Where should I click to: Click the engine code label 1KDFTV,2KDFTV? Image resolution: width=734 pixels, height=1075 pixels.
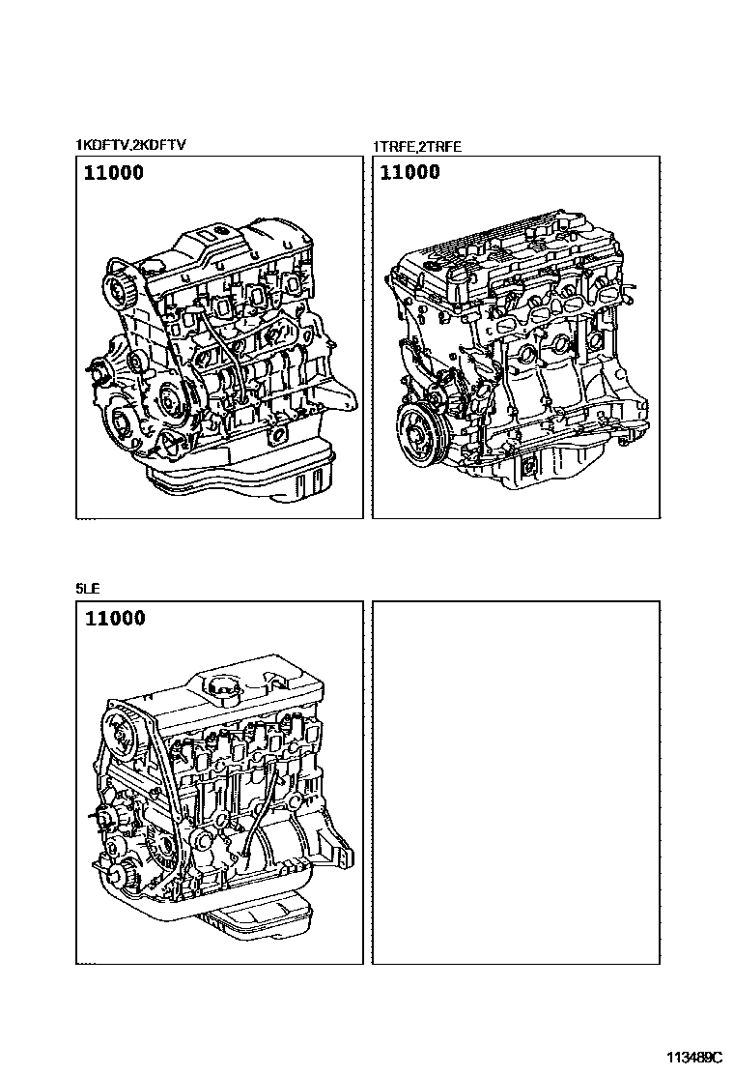(130, 145)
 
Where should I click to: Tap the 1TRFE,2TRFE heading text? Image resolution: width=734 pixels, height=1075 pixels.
(417, 147)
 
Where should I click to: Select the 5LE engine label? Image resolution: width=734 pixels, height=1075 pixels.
(88, 587)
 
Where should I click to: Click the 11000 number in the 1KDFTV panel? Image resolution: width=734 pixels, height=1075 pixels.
(114, 174)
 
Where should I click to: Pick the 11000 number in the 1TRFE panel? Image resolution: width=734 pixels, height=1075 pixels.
(409, 173)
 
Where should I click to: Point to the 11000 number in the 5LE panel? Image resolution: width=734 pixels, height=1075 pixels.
(115, 618)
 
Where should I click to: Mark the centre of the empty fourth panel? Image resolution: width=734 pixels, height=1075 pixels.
(516, 782)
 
